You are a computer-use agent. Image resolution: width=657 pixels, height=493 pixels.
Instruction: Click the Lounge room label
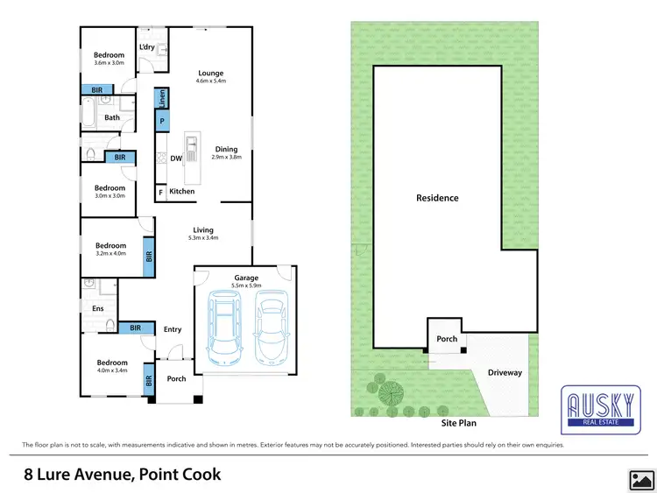coord(210,74)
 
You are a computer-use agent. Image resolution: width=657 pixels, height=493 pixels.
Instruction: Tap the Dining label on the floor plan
coord(226,149)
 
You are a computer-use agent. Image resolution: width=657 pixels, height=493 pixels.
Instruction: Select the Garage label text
coord(245,278)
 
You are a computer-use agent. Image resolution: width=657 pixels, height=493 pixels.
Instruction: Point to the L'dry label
coord(147,46)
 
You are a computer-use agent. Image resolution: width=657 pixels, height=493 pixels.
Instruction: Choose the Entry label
coord(173,329)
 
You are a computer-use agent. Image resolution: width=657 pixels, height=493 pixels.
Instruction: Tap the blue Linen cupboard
coord(162,99)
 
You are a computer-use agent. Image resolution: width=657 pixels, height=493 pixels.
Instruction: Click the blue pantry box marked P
coord(162,122)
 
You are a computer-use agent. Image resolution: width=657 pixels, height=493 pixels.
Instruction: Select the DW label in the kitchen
coord(175,158)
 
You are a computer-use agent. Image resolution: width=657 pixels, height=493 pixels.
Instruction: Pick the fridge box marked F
coord(161,191)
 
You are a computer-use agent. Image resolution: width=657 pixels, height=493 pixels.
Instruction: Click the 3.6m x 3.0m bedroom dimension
coord(109,63)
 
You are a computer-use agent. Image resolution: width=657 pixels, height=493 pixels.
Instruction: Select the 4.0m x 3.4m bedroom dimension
coord(111,371)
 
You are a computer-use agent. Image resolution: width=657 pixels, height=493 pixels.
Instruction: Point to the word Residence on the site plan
coord(437,198)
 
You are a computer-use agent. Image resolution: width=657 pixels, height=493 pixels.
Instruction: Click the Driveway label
coord(505,372)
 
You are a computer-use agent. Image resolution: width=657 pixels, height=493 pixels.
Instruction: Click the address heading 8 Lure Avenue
coord(122,475)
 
